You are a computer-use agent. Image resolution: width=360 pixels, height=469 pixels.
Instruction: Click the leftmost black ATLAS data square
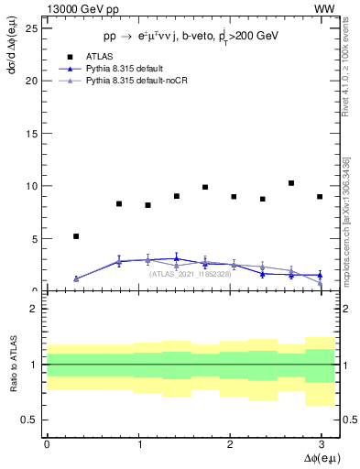pos(76,236)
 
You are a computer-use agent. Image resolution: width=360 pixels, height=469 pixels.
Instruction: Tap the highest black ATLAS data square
pos(291,183)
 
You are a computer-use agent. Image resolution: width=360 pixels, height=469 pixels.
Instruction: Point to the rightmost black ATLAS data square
pos(320,197)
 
